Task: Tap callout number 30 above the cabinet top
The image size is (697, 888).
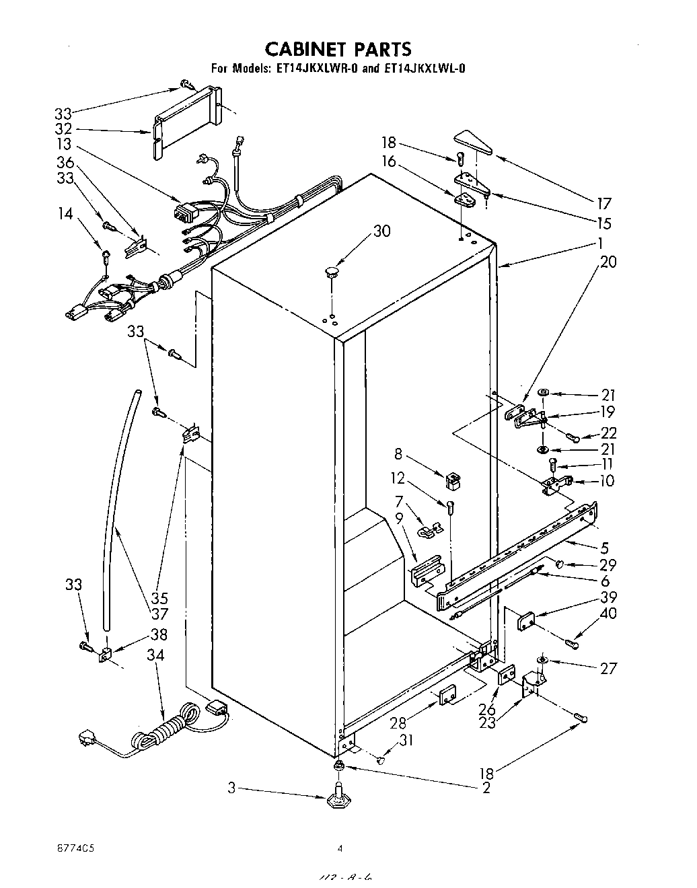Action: [x=381, y=231]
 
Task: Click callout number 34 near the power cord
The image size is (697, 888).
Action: [x=157, y=655]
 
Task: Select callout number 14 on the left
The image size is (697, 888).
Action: [x=65, y=215]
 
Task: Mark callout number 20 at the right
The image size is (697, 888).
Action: [x=608, y=262]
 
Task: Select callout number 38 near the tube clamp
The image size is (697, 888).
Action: [x=158, y=634]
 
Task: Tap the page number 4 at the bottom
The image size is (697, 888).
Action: [x=340, y=850]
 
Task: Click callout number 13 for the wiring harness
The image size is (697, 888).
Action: [x=64, y=145]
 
